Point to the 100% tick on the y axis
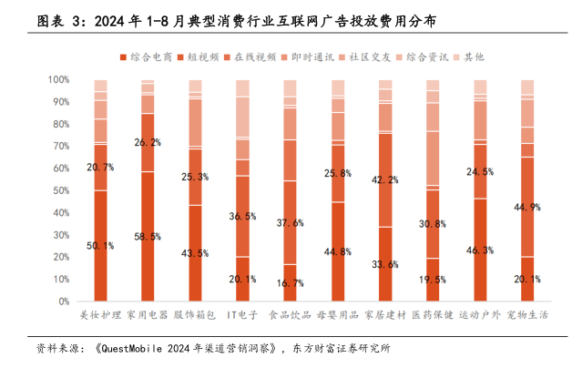click(57, 80)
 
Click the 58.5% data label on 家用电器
click(148, 237)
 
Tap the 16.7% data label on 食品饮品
click(290, 283)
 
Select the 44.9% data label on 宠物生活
click(527, 207)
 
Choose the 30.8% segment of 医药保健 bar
click(433, 224)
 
